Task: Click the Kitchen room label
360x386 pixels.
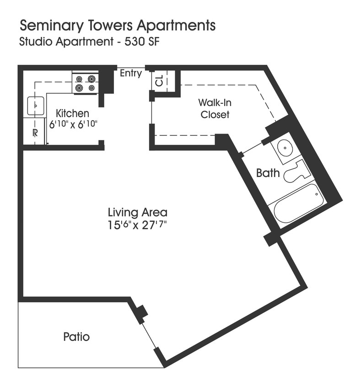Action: click(x=72, y=113)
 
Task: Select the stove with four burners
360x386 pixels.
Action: click(x=86, y=83)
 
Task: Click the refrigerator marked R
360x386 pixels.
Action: click(x=35, y=133)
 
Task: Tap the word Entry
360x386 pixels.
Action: click(x=131, y=73)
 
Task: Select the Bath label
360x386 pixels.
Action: click(x=268, y=173)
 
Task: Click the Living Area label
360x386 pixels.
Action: click(x=137, y=212)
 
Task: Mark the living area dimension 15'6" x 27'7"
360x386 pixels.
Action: click(x=137, y=225)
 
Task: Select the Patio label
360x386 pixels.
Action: click(x=76, y=337)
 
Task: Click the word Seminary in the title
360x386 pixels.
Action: click(x=48, y=26)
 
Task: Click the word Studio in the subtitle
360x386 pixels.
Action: click(x=32, y=42)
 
